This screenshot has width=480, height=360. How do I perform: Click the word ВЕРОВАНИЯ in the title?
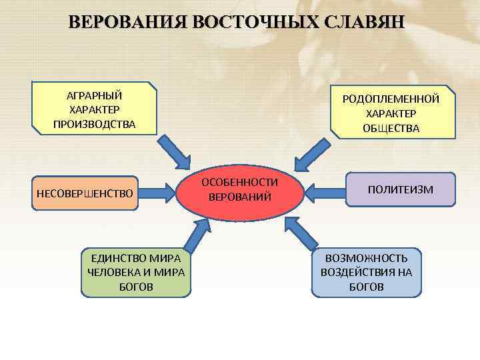[127, 23]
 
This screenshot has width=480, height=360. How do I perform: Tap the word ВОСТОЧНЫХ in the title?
[256, 23]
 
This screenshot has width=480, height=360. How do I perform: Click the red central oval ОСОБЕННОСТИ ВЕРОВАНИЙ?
[240, 190]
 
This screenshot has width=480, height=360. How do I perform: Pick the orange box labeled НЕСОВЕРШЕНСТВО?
[85, 193]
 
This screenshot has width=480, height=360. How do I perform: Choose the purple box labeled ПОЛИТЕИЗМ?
[400, 190]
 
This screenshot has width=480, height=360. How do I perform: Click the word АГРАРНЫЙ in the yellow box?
[94, 95]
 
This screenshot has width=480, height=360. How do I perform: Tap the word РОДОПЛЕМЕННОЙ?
[391, 99]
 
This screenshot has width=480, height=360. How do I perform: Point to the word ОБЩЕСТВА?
[391, 129]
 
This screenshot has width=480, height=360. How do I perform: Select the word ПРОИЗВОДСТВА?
[94, 125]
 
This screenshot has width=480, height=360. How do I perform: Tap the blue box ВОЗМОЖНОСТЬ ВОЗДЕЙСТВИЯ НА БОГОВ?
[367, 272]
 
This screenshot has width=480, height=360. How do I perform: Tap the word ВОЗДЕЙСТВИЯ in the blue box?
[367, 272]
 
